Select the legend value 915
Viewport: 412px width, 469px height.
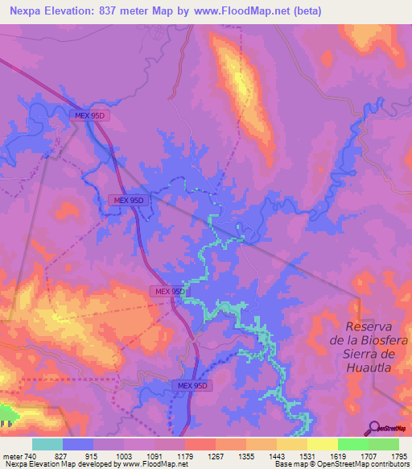(x=102, y=456)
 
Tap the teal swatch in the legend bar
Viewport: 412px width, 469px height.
(x=47, y=444)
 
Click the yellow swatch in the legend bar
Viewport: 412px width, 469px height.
(x=293, y=444)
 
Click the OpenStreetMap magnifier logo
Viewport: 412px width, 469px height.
(x=375, y=428)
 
